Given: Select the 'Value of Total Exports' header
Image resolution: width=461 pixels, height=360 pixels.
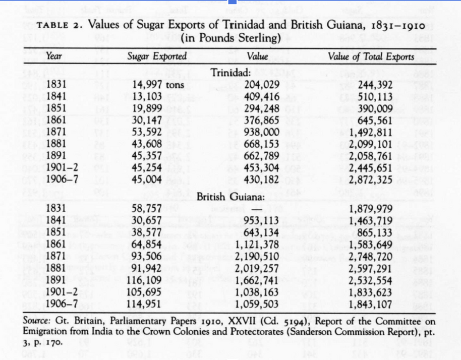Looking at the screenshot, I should point(371,56).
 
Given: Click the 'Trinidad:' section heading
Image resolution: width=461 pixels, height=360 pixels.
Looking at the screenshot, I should point(232,73).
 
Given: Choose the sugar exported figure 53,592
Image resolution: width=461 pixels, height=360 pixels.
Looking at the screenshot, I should point(146,132).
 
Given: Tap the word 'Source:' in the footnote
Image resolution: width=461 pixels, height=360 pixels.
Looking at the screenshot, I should point(38,321).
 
